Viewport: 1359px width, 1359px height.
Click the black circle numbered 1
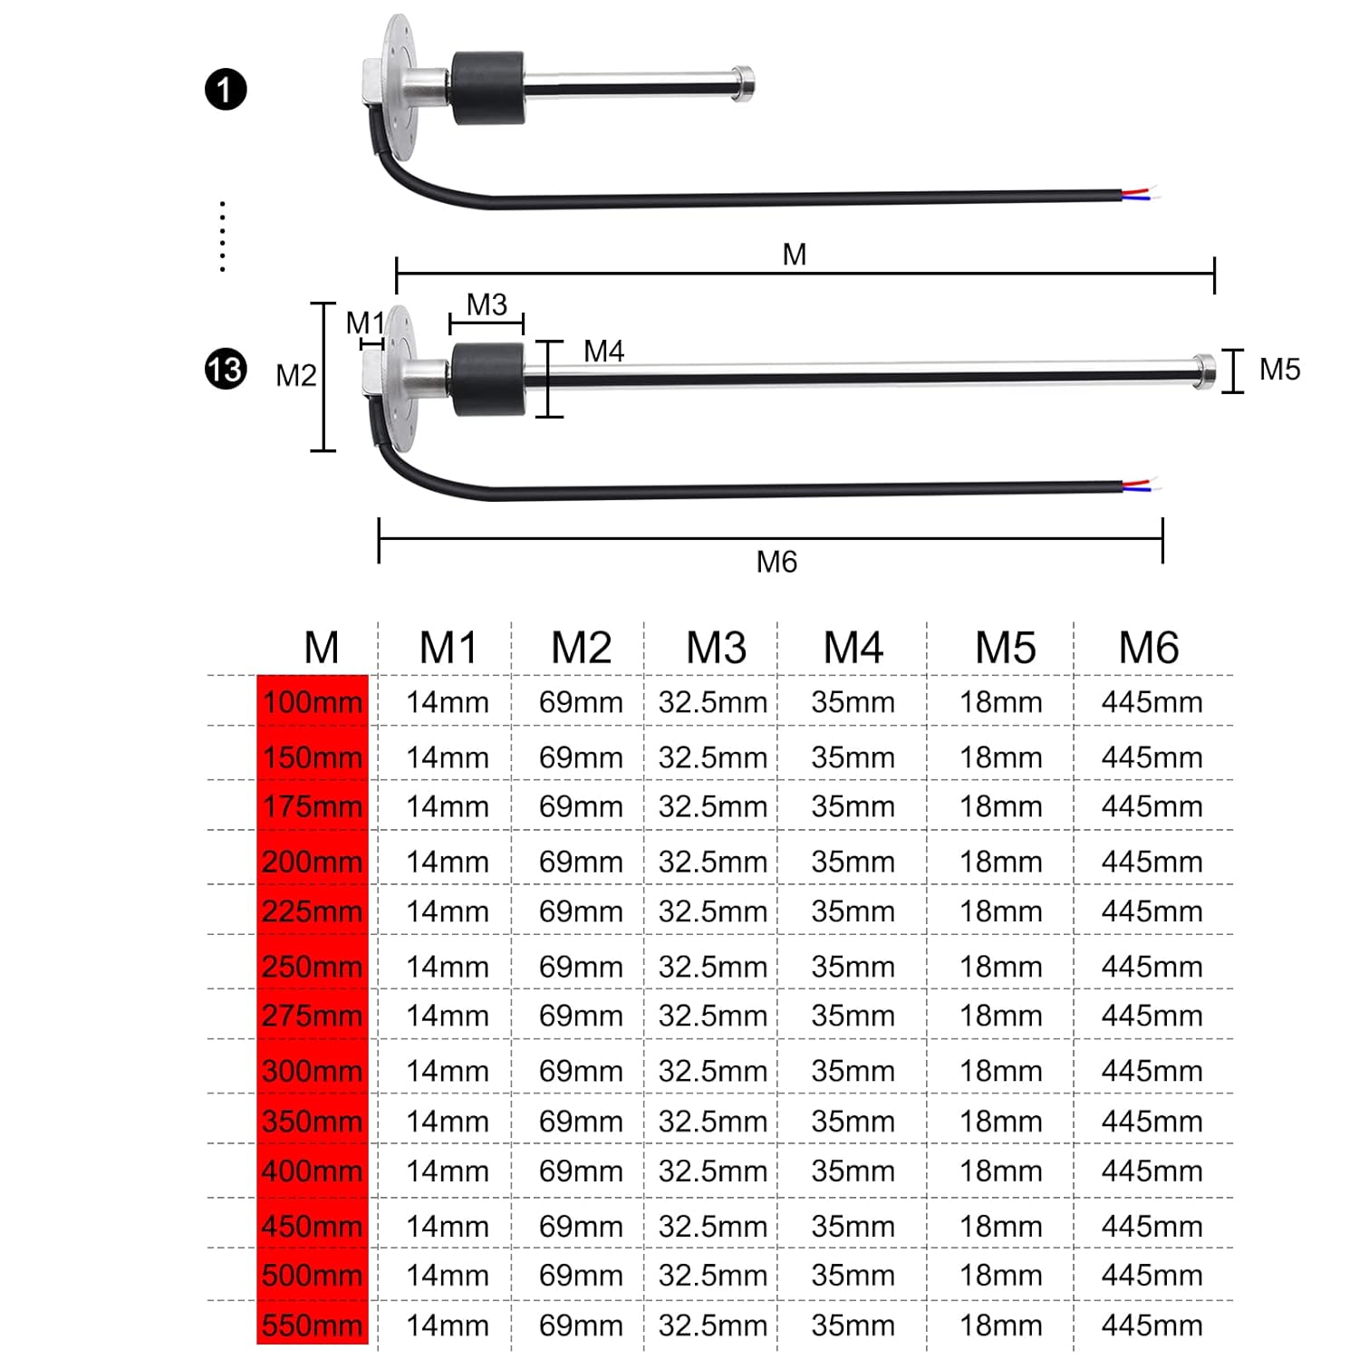pyautogui.click(x=226, y=90)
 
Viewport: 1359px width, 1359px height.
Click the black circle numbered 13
pyautogui.click(x=226, y=370)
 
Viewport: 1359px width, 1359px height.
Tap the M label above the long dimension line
pyautogui.click(x=795, y=255)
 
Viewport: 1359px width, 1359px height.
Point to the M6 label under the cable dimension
pyautogui.click(x=776, y=562)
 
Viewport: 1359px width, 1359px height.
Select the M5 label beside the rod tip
pyautogui.click(x=1279, y=370)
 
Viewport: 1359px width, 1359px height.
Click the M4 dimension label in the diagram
pyautogui.click(x=603, y=351)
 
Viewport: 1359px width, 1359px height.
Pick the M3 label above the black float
pyautogui.click(x=487, y=304)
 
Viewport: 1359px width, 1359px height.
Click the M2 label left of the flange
pyautogui.click(x=296, y=375)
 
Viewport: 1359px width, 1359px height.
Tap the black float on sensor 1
pyautogui.click(x=488, y=88)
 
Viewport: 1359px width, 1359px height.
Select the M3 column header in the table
pyautogui.click(x=716, y=648)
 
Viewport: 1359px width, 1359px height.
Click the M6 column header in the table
pyautogui.click(x=1149, y=648)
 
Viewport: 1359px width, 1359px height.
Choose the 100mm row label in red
pyautogui.click(x=313, y=702)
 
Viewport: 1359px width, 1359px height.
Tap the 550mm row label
pyautogui.click(x=313, y=1325)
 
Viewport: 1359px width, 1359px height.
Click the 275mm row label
pyautogui.click(x=313, y=1016)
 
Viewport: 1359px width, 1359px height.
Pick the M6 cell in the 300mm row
pyautogui.click(x=1152, y=1071)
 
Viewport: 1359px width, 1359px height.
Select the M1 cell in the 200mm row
pyautogui.click(x=447, y=862)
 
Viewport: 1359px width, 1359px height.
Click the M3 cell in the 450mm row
pyautogui.click(x=713, y=1227)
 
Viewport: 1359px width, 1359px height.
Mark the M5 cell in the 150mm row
pyautogui.click(x=1001, y=757)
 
